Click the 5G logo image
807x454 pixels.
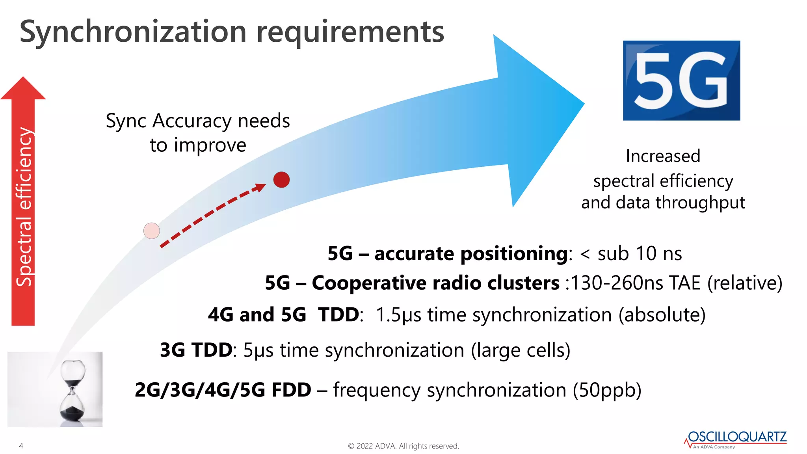point(681,80)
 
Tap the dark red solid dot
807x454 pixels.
point(281,180)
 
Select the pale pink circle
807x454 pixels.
point(152,231)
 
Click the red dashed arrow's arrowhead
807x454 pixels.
point(260,187)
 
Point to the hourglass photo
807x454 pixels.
point(55,389)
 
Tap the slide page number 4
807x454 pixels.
point(21,446)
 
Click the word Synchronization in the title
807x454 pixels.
point(133,32)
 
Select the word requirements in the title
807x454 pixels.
point(350,32)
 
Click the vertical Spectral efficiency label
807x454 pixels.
point(24,207)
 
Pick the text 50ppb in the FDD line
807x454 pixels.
point(607,390)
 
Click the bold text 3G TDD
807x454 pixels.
point(196,350)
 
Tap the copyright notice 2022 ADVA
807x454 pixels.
point(403,446)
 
